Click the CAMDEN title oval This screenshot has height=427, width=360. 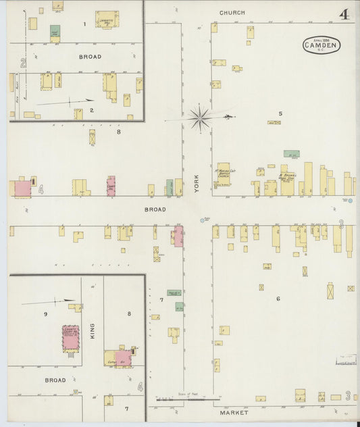pyautogui.click(x=322, y=45)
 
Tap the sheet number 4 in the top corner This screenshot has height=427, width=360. pyautogui.click(x=344, y=14)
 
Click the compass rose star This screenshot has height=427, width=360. pyautogui.click(x=200, y=118)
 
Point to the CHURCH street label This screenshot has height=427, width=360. pyautogui.click(x=232, y=13)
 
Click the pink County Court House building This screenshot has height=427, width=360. pyautogui.click(x=71, y=338)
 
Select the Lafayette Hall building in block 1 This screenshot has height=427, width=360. pyautogui.click(x=106, y=19)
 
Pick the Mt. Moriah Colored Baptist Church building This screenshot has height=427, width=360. pyautogui.click(x=224, y=174)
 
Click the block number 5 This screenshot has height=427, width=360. pyautogui.click(x=280, y=113)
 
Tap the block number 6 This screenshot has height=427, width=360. pyautogui.click(x=278, y=298)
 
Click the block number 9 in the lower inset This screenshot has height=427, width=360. pyautogui.click(x=46, y=313)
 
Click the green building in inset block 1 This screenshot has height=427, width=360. pyautogui.click(x=55, y=31)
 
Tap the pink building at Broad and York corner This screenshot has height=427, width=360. pyautogui.click(x=178, y=236)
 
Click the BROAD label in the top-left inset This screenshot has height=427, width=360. pyautogui.click(x=90, y=57)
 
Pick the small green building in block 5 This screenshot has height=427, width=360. pyautogui.click(x=291, y=154)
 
